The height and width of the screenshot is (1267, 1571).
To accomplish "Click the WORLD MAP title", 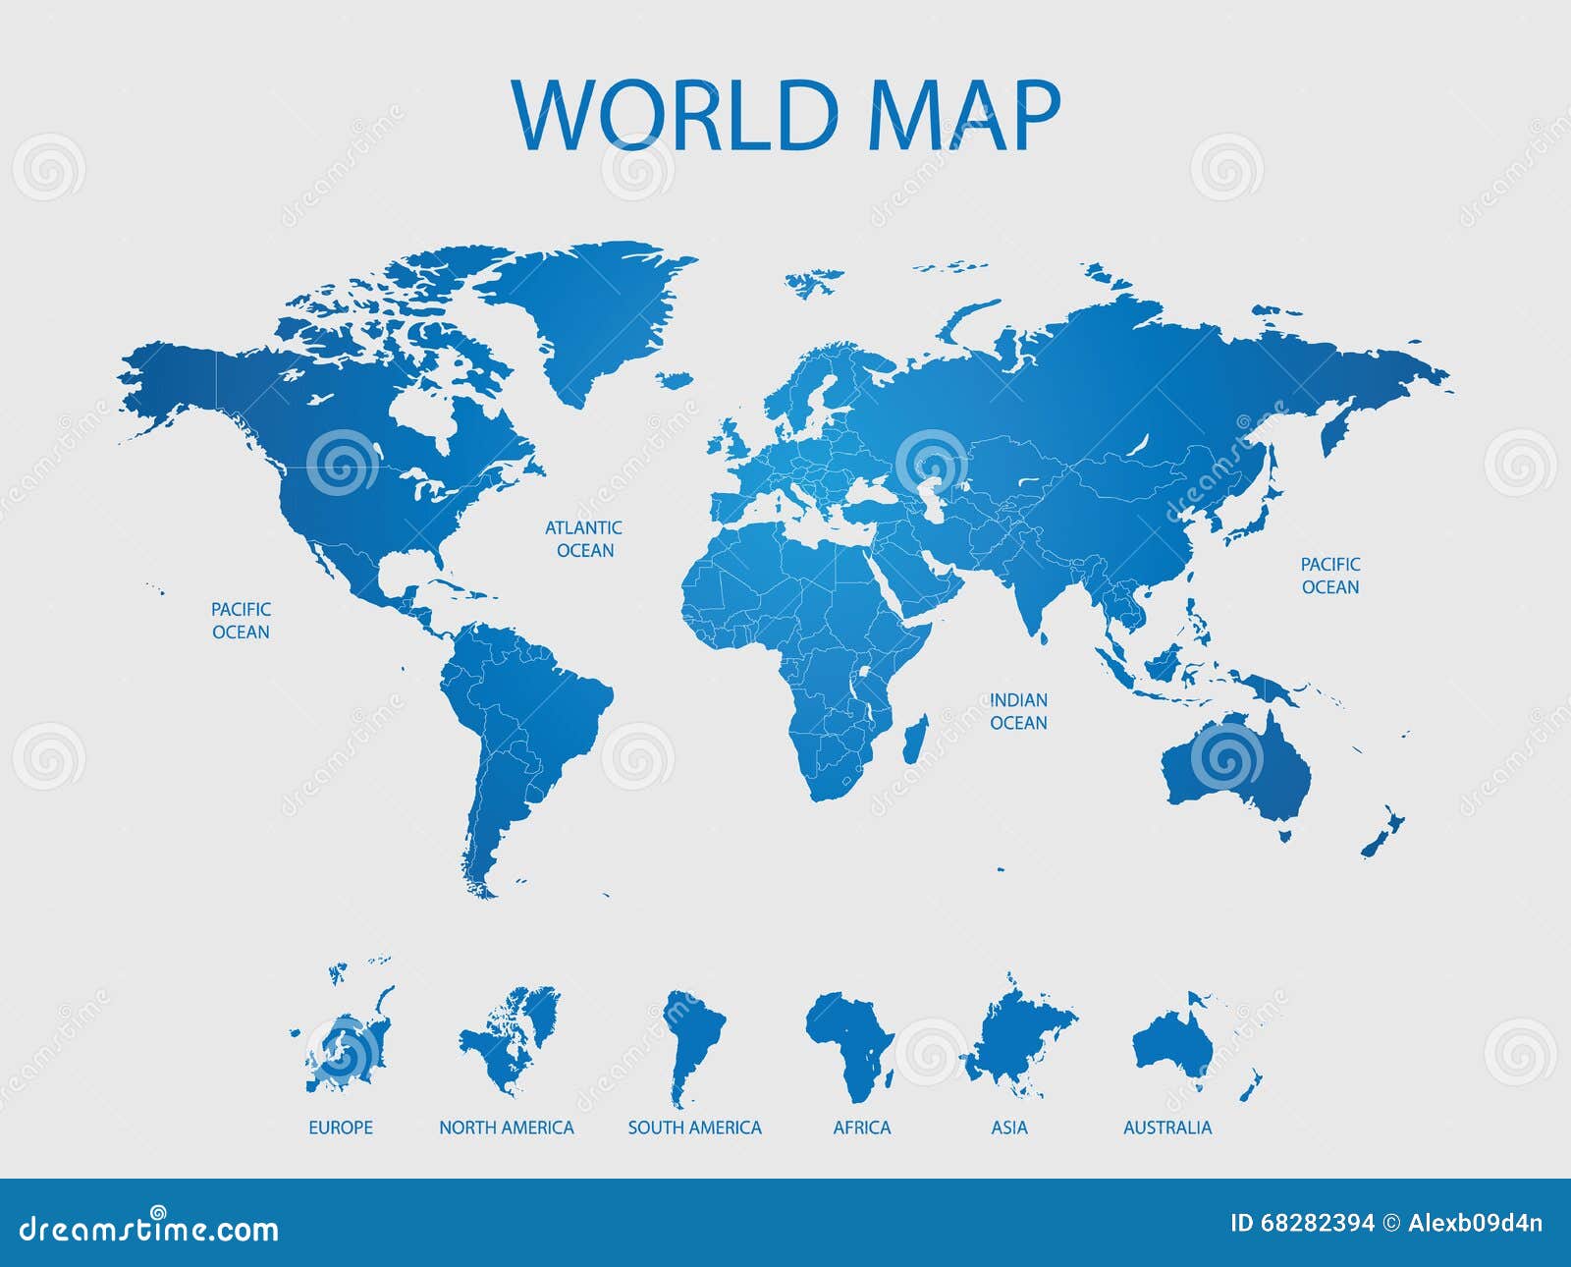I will pyautogui.click(x=785, y=115).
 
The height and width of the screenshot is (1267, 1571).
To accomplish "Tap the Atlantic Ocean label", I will pyautogui.click(x=584, y=539).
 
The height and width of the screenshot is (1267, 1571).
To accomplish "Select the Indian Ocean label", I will pyautogui.click(x=1018, y=711).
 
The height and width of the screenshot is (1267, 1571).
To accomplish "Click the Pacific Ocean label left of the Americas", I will pyautogui.click(x=241, y=621).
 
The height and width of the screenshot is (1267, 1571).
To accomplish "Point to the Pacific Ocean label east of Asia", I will pyautogui.click(x=1330, y=576).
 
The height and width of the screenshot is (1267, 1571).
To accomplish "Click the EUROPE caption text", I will pyautogui.click(x=341, y=1128).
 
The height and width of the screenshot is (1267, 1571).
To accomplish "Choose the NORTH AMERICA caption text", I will pyautogui.click(x=507, y=1128).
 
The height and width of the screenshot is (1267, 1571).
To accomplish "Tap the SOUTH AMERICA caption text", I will pyautogui.click(x=695, y=1128).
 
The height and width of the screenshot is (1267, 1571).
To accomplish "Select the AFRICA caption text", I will pyautogui.click(x=862, y=1128).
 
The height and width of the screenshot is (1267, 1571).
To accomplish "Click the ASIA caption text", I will pyautogui.click(x=1009, y=1128).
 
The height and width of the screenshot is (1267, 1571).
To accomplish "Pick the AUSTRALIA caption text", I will pyautogui.click(x=1167, y=1128).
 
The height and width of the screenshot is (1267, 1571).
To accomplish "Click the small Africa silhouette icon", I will pyautogui.click(x=847, y=1041).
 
